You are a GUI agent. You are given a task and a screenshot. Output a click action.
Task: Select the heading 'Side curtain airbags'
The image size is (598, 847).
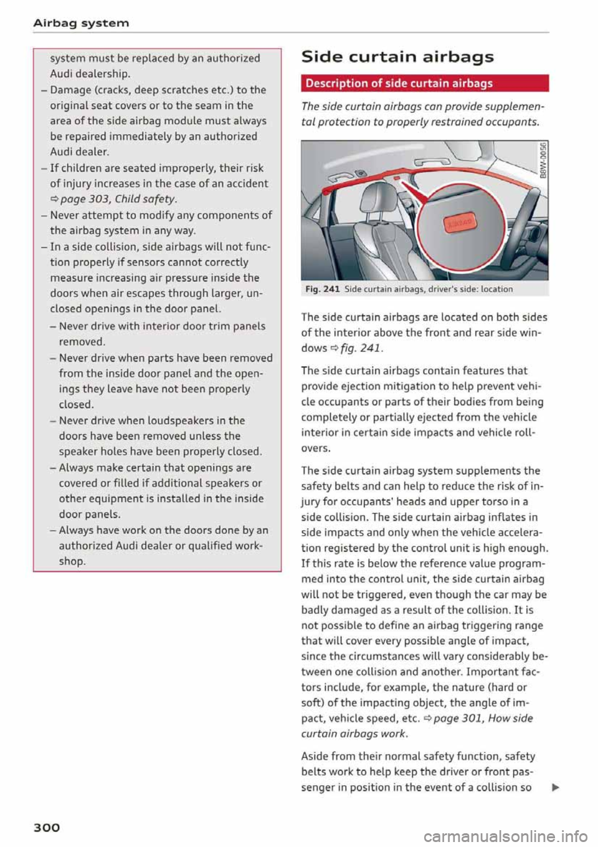[x=397, y=57]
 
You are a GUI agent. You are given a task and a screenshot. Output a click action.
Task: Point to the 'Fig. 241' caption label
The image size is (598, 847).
[x=323, y=289]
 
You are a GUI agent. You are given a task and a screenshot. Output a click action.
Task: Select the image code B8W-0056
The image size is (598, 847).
[x=543, y=161]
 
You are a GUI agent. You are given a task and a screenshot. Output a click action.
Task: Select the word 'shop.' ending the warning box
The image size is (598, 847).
[x=72, y=561]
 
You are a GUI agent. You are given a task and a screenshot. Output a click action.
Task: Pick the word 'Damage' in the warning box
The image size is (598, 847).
[x=71, y=90]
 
